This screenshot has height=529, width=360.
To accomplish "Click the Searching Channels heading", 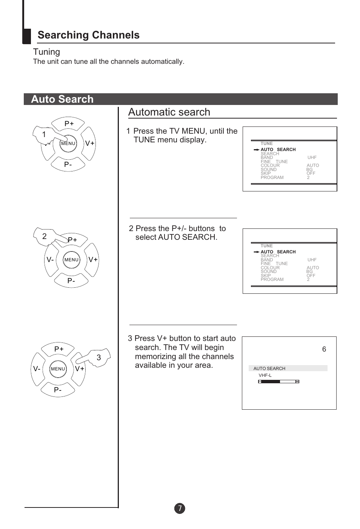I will (88, 35).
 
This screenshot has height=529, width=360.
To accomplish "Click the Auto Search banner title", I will (62, 99).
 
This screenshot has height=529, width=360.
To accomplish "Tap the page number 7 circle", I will (180, 508).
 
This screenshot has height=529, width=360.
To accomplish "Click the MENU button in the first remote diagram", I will (68, 143).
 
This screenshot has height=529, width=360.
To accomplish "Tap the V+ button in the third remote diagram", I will (80, 369).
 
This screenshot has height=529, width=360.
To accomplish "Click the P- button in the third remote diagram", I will (58, 390).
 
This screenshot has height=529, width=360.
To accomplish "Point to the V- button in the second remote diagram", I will (50, 260).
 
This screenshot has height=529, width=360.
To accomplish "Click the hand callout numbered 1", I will (44, 134).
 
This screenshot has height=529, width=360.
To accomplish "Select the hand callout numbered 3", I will (98, 357).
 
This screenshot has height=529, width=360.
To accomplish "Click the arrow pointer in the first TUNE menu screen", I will (256, 150).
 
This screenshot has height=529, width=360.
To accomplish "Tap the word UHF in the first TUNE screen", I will (312, 157).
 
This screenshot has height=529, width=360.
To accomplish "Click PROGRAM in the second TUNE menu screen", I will (272, 279).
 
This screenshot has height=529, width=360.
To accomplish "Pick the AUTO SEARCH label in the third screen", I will (269, 369).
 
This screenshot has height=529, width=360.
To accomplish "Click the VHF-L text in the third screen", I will (265, 375).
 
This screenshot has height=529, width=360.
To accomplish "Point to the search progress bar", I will (278, 382).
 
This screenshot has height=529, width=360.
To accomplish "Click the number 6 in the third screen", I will (324, 349).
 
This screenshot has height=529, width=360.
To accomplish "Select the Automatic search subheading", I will (169, 112).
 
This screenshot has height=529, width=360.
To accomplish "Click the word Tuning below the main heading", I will (46, 52).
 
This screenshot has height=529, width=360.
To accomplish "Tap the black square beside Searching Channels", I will (27, 36).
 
